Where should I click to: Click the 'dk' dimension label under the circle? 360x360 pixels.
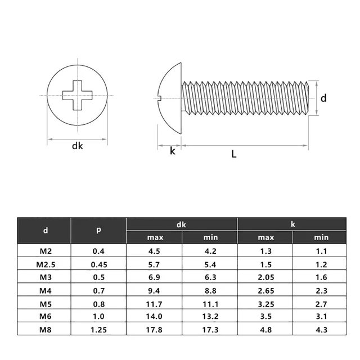click(77, 146)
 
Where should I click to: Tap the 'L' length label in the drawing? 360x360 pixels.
click(234, 154)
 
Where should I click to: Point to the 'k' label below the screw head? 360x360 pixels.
click(173, 151)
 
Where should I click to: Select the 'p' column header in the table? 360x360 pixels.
click(98, 230)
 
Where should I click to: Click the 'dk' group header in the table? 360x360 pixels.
click(181, 224)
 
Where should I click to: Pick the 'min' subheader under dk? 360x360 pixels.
click(209, 237)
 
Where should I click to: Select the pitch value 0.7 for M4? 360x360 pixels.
click(98, 290)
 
